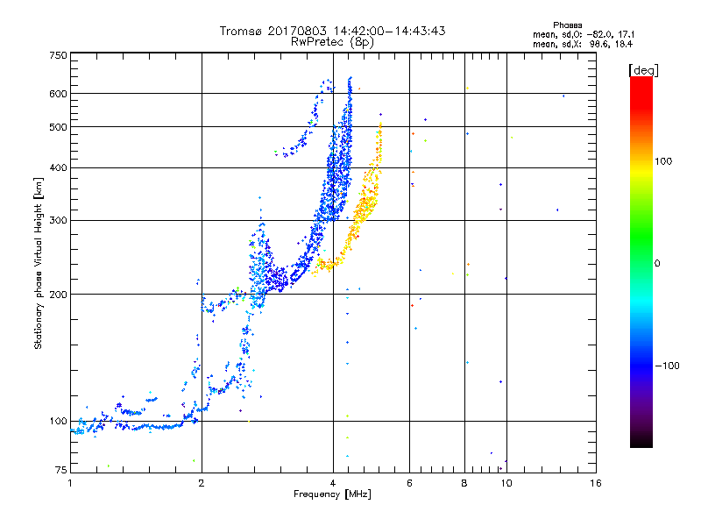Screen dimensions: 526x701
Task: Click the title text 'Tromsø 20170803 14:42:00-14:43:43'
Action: (333, 31)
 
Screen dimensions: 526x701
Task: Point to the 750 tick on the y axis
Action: (59, 55)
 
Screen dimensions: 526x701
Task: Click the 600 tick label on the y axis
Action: (59, 94)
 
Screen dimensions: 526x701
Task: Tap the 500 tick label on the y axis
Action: (59, 127)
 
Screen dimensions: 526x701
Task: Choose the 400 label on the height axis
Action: (59, 167)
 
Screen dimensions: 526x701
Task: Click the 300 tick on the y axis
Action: (59, 220)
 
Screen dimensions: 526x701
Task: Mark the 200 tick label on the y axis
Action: (59, 295)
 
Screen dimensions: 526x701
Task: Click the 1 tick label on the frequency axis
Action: (70, 483)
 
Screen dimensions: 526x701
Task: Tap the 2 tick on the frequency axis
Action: (202, 483)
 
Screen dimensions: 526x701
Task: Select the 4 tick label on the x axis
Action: (333, 483)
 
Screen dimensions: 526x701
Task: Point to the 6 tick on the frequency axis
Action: (410, 483)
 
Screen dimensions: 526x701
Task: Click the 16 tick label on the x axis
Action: (595, 483)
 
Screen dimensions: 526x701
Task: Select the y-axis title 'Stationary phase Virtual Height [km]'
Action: (39, 263)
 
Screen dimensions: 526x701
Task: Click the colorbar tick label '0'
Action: (657, 263)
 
